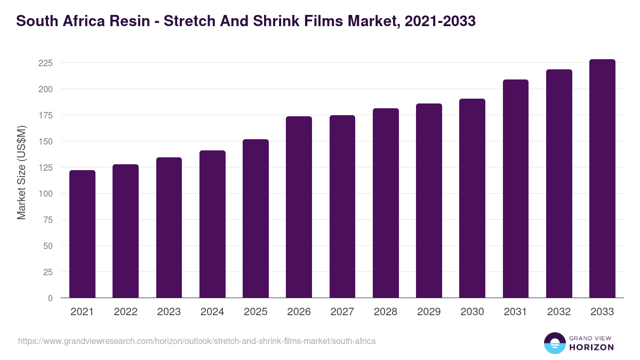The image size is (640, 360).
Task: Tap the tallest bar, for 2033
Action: point(602,178)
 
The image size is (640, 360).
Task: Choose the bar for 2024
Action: point(212,224)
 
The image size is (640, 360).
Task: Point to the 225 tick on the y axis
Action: point(45,63)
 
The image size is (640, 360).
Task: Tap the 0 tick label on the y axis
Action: point(50,298)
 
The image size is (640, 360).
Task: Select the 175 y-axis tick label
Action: point(45,115)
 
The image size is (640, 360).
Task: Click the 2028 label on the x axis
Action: point(385,312)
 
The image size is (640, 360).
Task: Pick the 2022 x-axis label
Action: point(125,312)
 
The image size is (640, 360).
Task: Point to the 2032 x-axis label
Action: point(558,312)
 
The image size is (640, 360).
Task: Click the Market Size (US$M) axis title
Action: point(21,172)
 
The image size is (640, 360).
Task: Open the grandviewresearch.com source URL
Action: point(197,341)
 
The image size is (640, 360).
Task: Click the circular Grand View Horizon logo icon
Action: point(554,343)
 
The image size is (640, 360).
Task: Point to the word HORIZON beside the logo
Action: point(591,347)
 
